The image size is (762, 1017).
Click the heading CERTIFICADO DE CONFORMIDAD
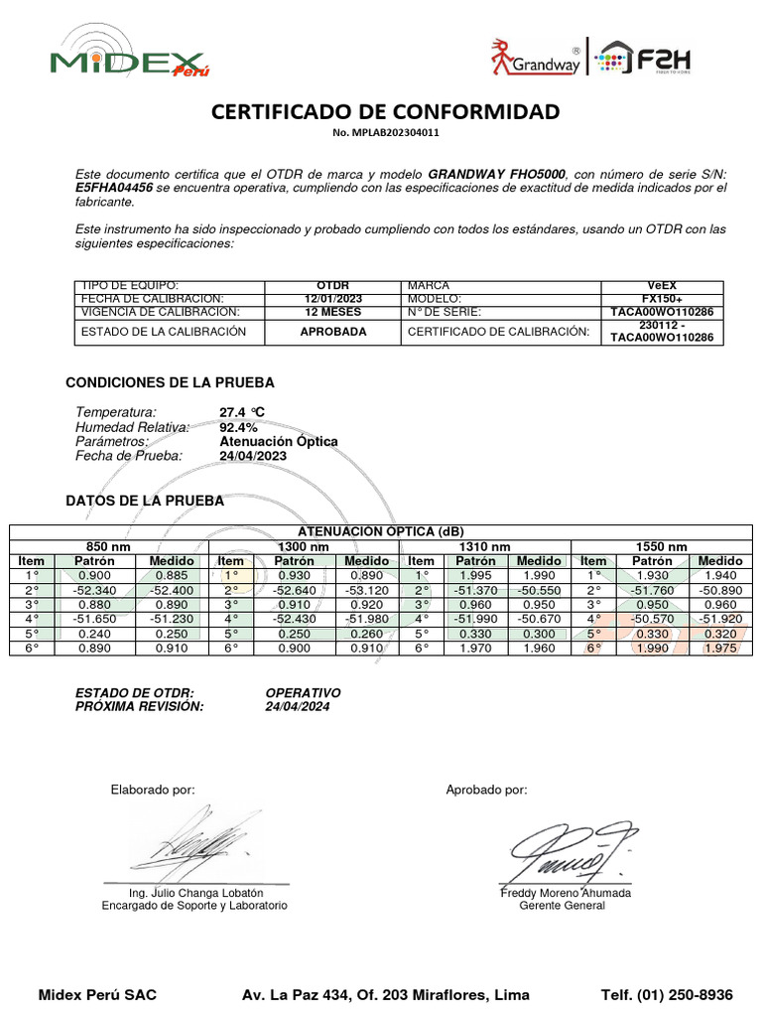[x=385, y=111]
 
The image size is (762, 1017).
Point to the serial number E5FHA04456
[x=114, y=187]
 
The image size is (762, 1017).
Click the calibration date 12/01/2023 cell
[x=332, y=299]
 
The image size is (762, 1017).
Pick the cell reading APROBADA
[x=332, y=332]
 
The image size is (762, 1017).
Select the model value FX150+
[x=662, y=299]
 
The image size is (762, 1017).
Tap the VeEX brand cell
[x=662, y=285]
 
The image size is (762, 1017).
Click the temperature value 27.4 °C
[x=242, y=412]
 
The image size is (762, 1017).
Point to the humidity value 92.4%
[x=238, y=427]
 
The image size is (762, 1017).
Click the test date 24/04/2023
[x=252, y=456]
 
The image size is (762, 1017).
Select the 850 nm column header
[x=109, y=547]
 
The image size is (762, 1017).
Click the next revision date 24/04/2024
[x=298, y=706]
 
